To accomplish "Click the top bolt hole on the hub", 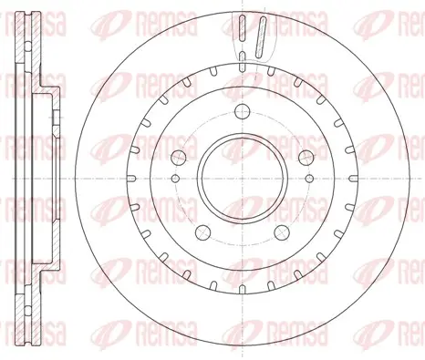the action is tap(243, 111).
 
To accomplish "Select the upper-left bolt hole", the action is tap(179, 158).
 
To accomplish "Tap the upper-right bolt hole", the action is tap(306, 158).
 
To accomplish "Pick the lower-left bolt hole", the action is tap(202, 232).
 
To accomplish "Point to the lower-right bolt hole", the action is tap(282, 232).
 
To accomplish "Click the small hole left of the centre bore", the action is tap(175, 179).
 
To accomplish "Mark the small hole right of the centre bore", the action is tap(309, 179).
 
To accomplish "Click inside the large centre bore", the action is tap(243, 179).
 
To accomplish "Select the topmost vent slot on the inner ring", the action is tap(243, 67).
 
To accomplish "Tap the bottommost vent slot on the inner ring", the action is tap(243, 290).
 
